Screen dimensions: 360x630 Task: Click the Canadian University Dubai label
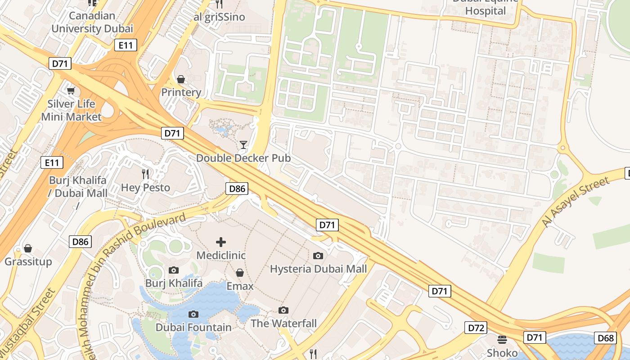[x=92, y=22]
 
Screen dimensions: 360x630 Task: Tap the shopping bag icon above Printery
[x=181, y=80]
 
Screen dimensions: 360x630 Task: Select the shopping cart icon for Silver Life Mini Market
[x=71, y=91]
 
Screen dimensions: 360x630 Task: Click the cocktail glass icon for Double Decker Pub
[x=243, y=144]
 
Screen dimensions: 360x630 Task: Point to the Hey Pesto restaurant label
[x=145, y=187]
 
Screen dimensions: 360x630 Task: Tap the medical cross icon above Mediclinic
[x=221, y=242]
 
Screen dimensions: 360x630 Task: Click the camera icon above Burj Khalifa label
[x=174, y=270]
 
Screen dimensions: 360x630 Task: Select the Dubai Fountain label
[x=193, y=327]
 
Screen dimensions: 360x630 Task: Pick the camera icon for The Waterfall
[x=283, y=310]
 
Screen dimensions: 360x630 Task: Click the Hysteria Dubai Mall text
[x=318, y=269]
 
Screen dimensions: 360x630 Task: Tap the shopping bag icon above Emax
[x=240, y=273]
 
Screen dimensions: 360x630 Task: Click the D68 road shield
[x=605, y=338]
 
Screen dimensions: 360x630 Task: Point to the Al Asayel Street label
[x=576, y=202]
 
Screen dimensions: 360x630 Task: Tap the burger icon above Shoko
[x=502, y=339]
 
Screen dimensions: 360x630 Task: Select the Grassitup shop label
[x=28, y=261]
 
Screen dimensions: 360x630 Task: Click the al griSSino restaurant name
[x=219, y=17]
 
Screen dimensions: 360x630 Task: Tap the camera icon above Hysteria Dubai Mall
[x=318, y=256]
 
